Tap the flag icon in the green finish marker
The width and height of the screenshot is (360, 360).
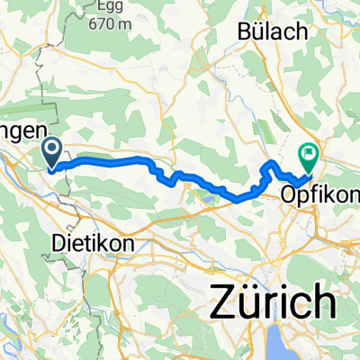(x=309, y=153)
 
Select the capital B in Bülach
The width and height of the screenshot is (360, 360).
(x=244, y=31)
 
